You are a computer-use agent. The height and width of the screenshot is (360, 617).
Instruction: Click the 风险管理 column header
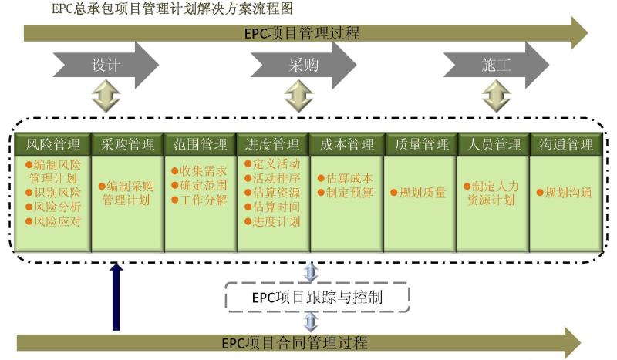coord(53,144)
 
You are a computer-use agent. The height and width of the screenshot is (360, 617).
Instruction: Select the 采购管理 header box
coord(128,144)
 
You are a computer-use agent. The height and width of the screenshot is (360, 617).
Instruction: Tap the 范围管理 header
coord(201,144)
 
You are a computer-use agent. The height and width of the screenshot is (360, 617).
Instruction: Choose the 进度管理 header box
coord(273,144)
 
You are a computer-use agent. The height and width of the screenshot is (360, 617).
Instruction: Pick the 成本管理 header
coord(346,144)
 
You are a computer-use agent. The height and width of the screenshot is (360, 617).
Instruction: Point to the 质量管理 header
coord(420,144)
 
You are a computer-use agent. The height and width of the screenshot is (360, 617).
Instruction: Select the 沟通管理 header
coord(566,144)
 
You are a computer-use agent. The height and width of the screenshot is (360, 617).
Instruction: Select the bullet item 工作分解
coord(201,200)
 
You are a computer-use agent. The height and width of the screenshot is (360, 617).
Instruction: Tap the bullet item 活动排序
coord(274,178)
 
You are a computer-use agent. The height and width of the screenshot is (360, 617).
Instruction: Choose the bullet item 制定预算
coord(347,193)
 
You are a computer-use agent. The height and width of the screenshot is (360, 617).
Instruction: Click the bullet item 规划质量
coord(420,193)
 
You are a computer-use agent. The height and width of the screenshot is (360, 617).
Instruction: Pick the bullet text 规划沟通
coord(566,193)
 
